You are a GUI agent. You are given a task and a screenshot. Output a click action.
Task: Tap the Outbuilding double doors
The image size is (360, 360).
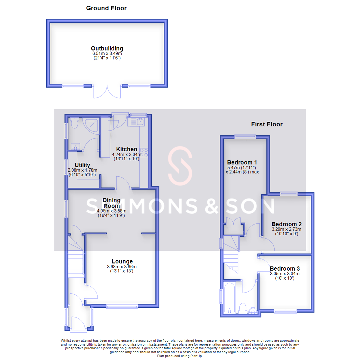pyautogui.click(x=107, y=91)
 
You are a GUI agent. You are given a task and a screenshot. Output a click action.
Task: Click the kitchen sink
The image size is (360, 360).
pyautogui.click(x=137, y=122)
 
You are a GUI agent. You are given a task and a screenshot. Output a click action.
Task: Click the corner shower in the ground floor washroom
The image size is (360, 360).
pyautogui.click(x=92, y=124)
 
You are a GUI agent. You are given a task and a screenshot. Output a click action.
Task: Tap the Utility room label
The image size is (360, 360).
pyautogui.click(x=82, y=165)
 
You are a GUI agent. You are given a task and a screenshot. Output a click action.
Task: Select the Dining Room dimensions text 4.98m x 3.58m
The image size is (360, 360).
pyautogui.click(x=111, y=211)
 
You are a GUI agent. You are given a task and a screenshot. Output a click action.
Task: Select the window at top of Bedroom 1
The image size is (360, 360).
pyautogui.click(x=245, y=136)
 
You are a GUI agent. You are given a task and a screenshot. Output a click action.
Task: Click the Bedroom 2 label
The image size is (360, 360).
pyautogui.click(x=286, y=224)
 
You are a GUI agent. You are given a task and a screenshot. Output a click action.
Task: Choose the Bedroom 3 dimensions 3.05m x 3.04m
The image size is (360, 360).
pyautogui.click(x=285, y=274)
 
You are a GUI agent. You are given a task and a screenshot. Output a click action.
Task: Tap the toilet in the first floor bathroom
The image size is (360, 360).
pyautogui.click(x=243, y=308)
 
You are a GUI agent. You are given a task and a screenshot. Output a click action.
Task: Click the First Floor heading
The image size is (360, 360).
pyautogui.click(x=267, y=124)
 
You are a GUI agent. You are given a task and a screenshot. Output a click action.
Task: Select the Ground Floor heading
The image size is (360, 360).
pyautogui.click(x=106, y=8)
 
